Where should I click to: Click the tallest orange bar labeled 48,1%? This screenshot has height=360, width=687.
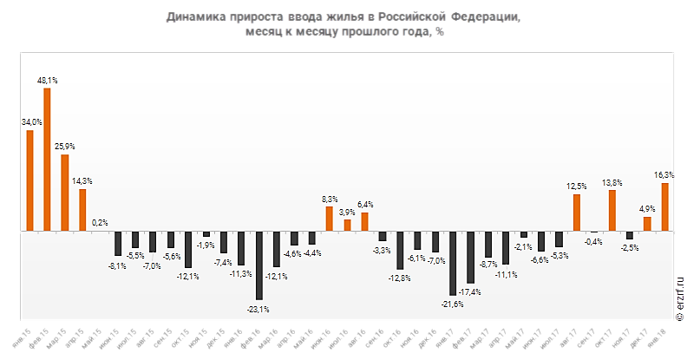(x=47, y=160)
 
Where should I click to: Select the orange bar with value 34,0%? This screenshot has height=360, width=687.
(x=29, y=181)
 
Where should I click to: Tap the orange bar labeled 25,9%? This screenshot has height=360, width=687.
(x=65, y=193)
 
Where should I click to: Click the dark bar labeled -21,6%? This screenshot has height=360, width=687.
(x=453, y=263)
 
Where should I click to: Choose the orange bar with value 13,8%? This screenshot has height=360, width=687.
(x=612, y=211)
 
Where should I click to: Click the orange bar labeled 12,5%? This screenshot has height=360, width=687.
(x=577, y=213)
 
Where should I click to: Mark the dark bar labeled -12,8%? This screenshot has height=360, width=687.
(x=400, y=251)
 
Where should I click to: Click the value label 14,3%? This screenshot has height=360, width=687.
(x=82, y=180)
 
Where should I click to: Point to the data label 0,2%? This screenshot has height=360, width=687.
(x=100, y=223)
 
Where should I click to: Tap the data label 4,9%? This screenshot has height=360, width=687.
(x=647, y=208)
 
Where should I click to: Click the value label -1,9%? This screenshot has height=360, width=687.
(x=206, y=245)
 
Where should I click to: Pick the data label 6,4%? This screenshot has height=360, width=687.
(x=364, y=204)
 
